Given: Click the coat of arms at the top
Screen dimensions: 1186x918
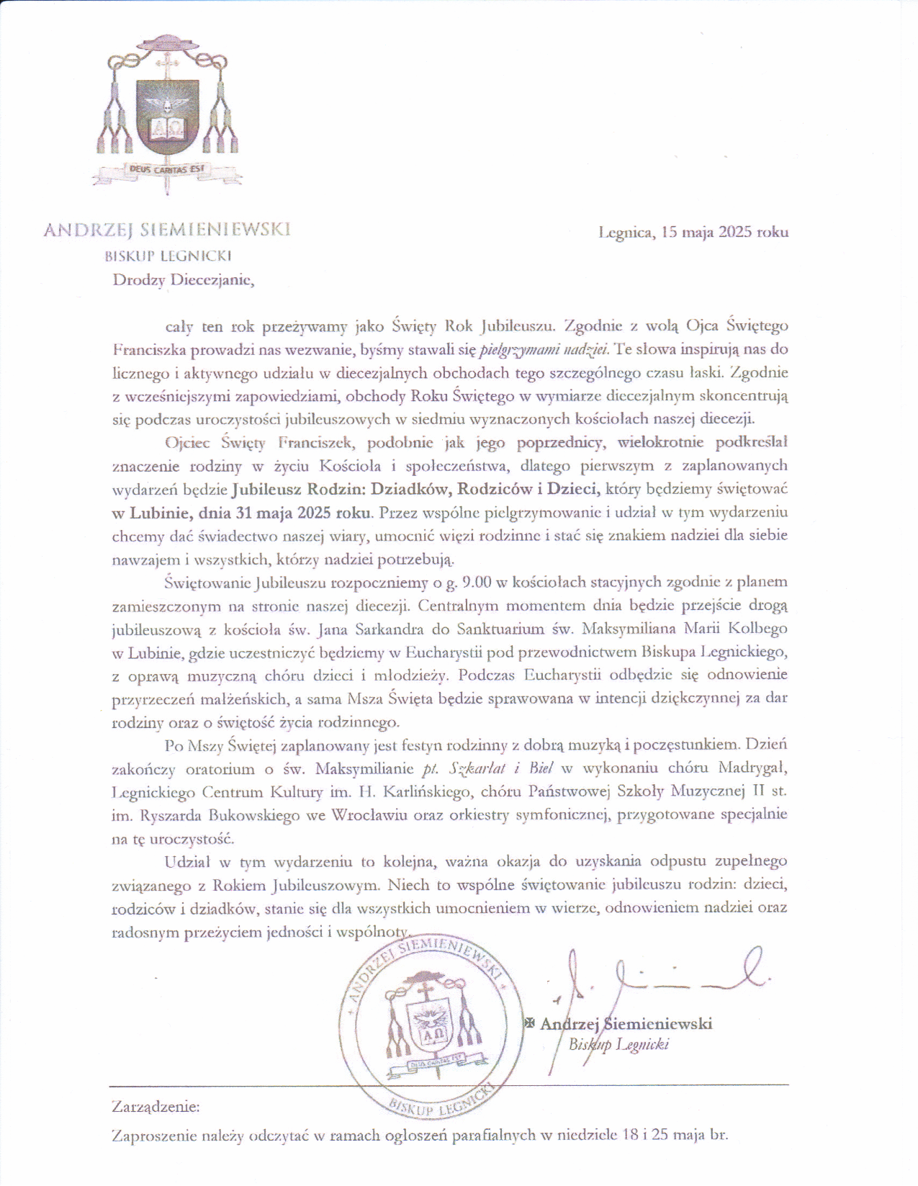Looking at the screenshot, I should pyautogui.click(x=167, y=108).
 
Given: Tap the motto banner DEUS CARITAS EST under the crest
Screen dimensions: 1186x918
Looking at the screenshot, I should pyautogui.click(x=167, y=170).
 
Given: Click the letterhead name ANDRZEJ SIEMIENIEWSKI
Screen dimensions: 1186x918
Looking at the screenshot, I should pyautogui.click(x=167, y=230).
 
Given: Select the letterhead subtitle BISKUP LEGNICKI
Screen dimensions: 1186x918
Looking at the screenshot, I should pyautogui.click(x=168, y=256).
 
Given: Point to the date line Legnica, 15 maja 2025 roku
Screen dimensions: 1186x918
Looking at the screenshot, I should pyautogui.click(x=693, y=232).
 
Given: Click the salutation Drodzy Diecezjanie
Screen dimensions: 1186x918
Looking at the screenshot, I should pyautogui.click(x=184, y=280).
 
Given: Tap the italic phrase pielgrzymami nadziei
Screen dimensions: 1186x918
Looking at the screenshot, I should pyautogui.click(x=544, y=349).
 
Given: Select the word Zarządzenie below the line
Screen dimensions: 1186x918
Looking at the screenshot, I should pyautogui.click(x=156, y=1106).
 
